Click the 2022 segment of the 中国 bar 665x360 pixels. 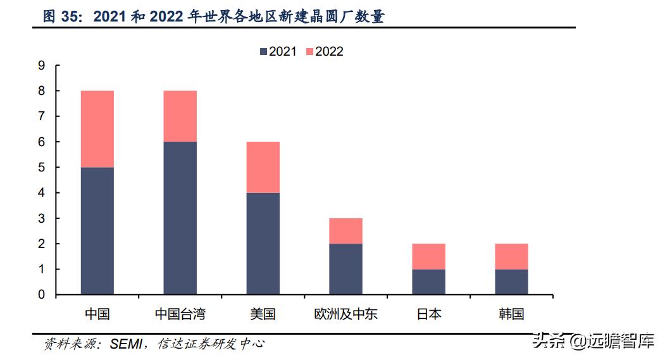[97, 129]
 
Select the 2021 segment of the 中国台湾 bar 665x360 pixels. [180, 218]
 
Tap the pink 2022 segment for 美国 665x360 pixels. [263, 167]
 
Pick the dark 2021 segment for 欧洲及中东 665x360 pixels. [345, 269]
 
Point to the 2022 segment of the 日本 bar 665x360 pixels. [428, 256]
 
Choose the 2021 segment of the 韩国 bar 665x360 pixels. [511, 282]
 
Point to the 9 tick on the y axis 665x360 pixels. [42, 66]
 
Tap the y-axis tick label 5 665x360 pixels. [42, 168]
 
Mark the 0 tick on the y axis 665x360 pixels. [42, 295]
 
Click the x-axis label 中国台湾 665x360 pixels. [180, 314]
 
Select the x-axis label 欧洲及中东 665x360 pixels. [345, 314]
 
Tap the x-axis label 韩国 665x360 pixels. [511, 314]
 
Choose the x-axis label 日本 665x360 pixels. [428, 314]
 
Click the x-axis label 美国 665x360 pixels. [263, 314]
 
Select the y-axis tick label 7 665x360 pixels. [42, 116]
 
